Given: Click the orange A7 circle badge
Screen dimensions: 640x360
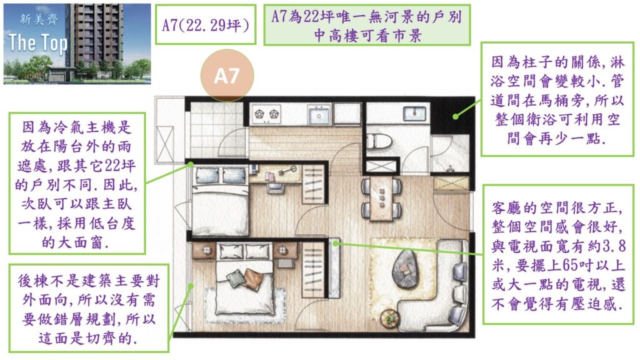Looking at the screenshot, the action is coord(227,76).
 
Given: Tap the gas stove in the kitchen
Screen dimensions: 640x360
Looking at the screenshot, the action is coord(267,114).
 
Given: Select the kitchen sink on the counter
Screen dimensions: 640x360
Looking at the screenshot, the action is coord(319,114).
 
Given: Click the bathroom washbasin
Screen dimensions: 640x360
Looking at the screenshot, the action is coord(414,112).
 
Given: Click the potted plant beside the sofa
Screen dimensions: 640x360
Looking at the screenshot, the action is coord(390,318).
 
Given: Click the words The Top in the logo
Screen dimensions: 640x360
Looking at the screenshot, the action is coord(38,43).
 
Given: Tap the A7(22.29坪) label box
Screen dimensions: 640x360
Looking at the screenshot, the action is coord(206,25).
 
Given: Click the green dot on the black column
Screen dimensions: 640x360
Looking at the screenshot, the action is coord(456,116).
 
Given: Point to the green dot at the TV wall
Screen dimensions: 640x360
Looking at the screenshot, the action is coord(335,244).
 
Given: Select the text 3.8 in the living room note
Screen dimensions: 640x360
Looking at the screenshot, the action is coord(615,246).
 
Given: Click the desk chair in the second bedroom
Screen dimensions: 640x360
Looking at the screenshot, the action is coord(272,186).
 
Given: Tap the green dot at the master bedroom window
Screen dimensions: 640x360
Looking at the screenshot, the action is coord(191,286).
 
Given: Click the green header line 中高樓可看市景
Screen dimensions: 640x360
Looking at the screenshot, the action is coord(367,36).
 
